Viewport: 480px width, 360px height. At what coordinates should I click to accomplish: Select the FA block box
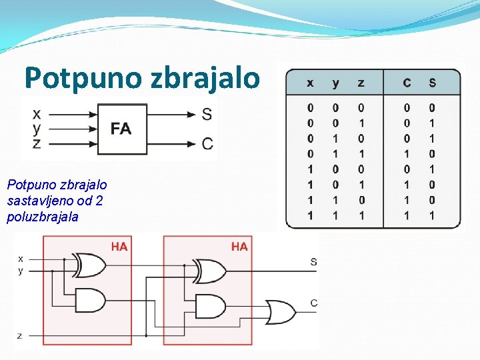click(121, 129)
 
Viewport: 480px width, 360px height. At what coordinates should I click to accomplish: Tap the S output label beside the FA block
click(207, 114)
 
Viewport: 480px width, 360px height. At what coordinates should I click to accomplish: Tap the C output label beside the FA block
click(207, 143)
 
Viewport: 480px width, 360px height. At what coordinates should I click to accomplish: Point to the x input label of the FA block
click(36, 113)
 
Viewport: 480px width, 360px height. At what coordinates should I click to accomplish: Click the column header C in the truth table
click(407, 83)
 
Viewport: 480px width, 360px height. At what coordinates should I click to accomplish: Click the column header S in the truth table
click(432, 83)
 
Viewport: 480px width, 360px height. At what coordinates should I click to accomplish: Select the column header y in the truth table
click(335, 83)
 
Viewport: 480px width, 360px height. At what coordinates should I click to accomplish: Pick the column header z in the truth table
click(361, 83)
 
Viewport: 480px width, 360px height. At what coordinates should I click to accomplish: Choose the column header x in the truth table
click(310, 83)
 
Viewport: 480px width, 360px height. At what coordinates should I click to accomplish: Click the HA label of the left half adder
click(119, 247)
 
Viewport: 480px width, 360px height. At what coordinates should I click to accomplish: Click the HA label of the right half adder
click(239, 247)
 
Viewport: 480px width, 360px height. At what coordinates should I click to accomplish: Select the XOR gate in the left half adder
click(91, 265)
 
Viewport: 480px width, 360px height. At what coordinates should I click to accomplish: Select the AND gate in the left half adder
click(91, 300)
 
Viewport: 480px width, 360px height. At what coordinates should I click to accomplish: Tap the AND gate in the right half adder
click(211, 306)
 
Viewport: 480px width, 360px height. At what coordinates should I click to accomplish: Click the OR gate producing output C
click(280, 311)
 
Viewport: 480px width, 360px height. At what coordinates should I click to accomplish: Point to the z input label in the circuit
click(19, 335)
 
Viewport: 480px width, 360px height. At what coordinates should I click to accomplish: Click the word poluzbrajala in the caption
click(43, 217)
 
